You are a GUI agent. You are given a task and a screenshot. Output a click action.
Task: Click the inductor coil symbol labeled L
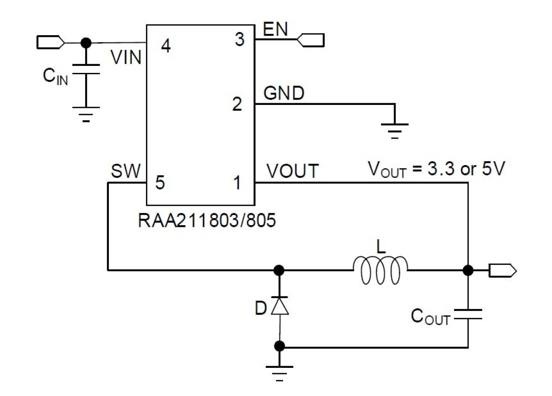380,270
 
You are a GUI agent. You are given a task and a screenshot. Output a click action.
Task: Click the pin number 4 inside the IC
166,46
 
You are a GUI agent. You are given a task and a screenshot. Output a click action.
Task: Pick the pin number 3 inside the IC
239,40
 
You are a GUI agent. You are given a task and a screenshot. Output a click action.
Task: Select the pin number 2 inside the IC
237,105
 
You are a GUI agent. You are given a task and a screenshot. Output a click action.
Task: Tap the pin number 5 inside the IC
160,183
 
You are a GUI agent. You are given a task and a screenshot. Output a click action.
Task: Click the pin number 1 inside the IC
237,183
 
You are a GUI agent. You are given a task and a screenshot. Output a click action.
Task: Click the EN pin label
275,30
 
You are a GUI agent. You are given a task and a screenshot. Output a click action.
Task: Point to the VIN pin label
126,58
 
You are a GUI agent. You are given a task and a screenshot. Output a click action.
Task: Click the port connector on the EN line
311,40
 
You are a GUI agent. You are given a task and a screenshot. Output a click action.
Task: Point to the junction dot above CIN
86,43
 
